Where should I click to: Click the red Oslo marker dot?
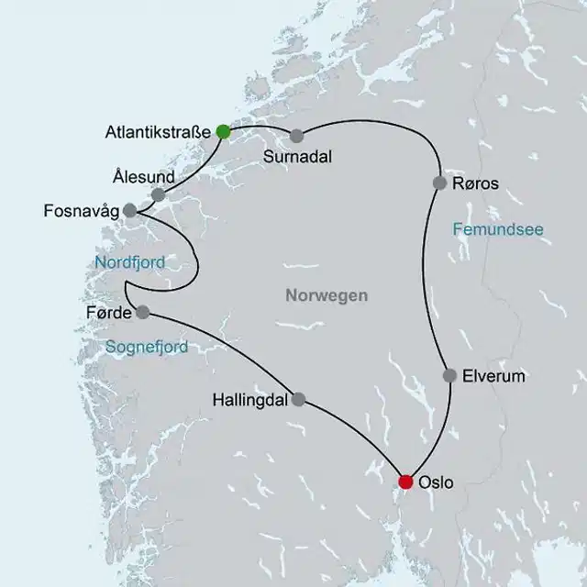405,482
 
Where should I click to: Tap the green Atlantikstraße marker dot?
223,131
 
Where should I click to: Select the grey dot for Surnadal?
296,136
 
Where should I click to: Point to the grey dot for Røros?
439,183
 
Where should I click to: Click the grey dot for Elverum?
449,375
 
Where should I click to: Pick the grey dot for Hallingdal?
297,399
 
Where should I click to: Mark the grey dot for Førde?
142,312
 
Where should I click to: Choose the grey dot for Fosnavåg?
130,210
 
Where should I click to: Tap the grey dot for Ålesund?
158,194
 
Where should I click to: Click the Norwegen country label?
326,295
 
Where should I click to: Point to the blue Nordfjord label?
130,263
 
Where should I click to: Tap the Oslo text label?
436,482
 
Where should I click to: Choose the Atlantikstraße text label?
157,131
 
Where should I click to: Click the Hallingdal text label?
249,400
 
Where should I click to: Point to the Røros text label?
476,183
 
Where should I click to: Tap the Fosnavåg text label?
82,211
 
